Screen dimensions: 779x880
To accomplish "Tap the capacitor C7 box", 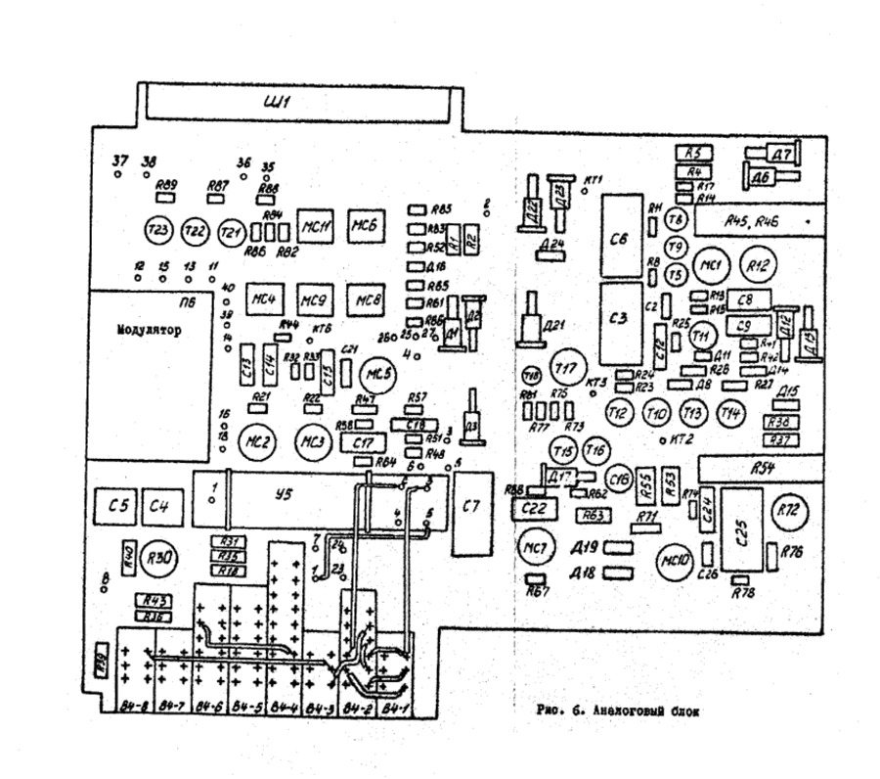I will point(471,508).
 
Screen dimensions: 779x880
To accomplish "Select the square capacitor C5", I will point(117,506).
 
